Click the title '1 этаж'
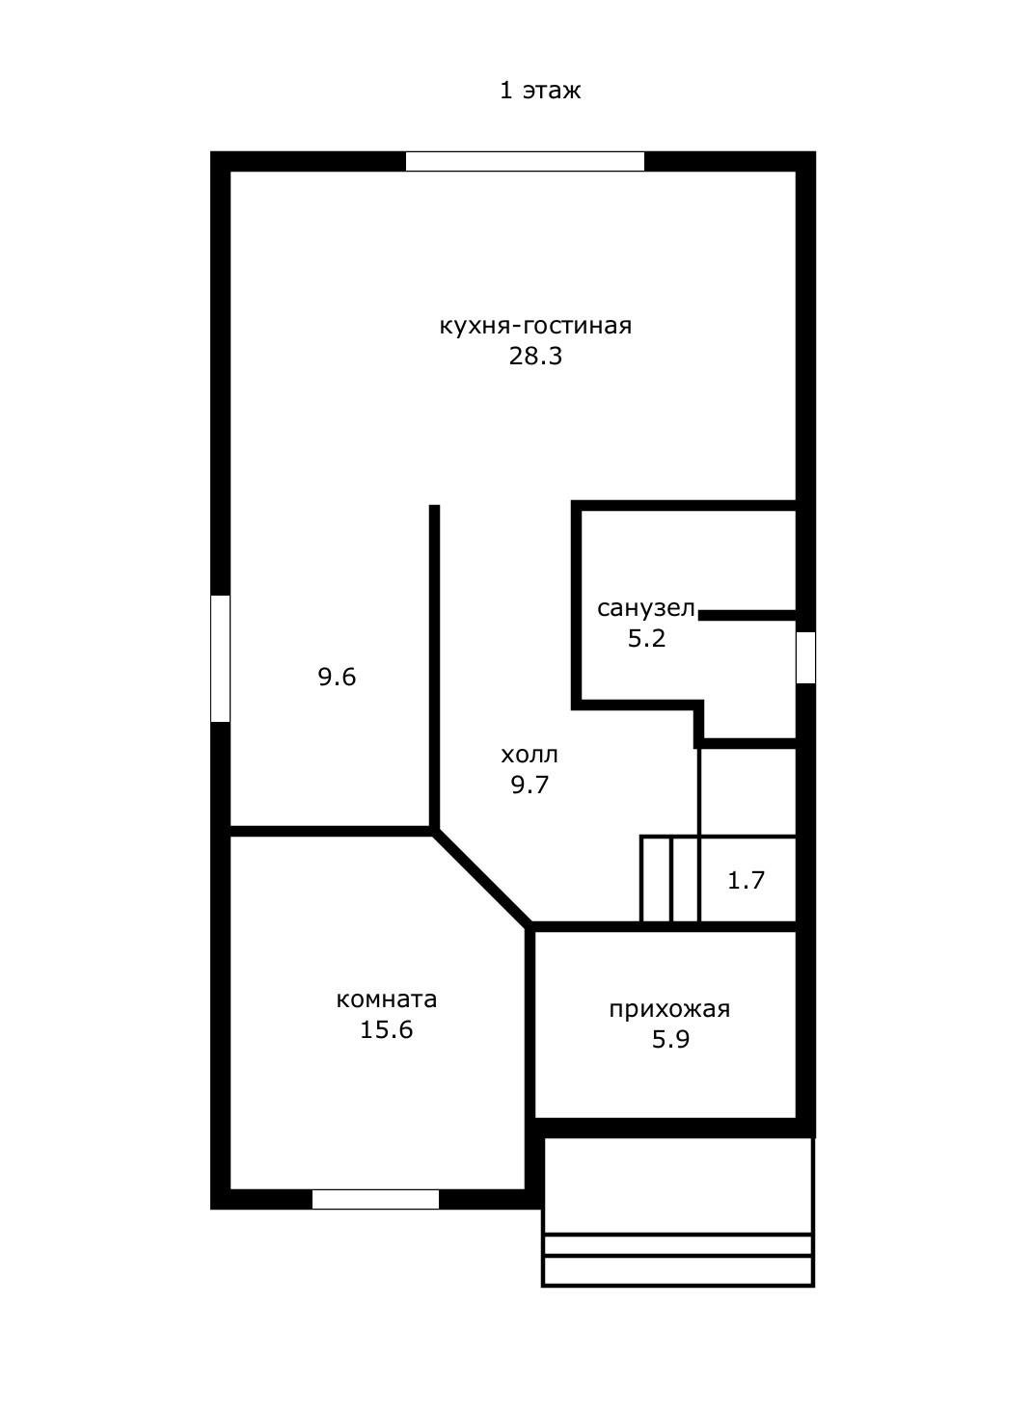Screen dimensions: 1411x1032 coord(540,91)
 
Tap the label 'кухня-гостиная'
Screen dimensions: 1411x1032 coord(535,326)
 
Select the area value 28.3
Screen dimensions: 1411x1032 coord(535,357)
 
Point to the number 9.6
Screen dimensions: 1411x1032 coord(337,678)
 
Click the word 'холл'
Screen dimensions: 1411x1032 coord(530,755)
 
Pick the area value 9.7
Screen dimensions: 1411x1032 coord(530,785)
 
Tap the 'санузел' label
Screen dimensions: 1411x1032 coord(645,608)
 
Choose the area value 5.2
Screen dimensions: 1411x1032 coord(646,638)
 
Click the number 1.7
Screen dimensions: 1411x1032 coord(746,880)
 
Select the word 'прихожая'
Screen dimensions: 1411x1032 coord(669,1009)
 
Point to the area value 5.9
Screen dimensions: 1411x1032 coord(669,1040)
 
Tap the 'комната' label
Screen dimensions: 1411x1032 coord(386,999)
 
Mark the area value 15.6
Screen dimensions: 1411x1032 coord(386,1030)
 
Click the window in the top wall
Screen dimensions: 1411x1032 coord(525,161)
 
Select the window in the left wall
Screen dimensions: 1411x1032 coord(221,658)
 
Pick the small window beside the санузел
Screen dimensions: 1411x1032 coord(805,657)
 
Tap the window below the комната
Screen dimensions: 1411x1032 coord(375,1199)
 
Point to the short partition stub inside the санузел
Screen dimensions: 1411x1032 coord(747,614)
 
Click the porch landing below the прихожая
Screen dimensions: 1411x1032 coord(678,1185)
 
